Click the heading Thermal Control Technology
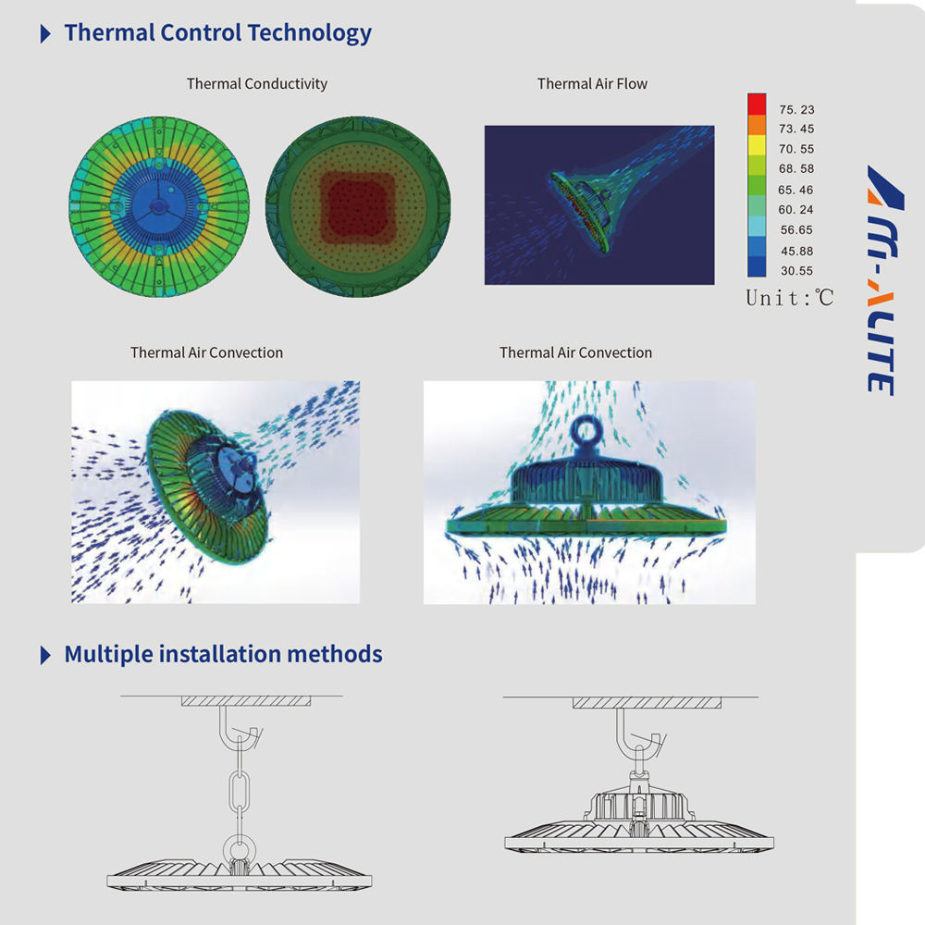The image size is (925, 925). tap(217, 33)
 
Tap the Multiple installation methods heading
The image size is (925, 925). tap(223, 655)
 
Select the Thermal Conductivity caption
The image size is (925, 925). tap(256, 84)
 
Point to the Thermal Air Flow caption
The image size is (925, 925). tap(592, 84)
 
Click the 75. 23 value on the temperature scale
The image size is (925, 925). tap(796, 110)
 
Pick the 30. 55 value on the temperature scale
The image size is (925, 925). tap(796, 271)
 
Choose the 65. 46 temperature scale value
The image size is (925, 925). tap(795, 190)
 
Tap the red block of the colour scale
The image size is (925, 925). tap(757, 104)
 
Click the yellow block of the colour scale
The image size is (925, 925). tap(757, 145)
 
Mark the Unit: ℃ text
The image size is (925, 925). tap(789, 298)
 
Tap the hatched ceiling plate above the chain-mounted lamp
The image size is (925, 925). tap(246, 701)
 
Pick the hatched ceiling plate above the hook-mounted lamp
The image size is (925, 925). tap(647, 703)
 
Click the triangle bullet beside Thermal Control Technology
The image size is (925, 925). tap(45, 33)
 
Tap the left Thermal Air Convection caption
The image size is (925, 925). tap(206, 352)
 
